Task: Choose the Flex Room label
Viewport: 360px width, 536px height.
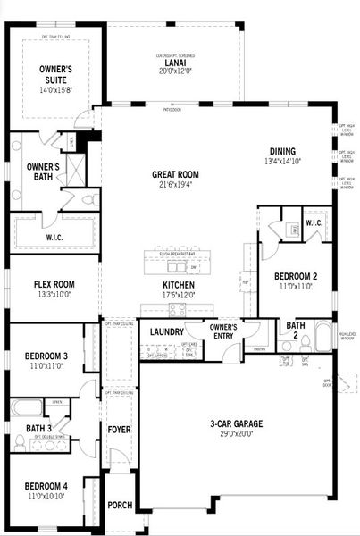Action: pos(54,285)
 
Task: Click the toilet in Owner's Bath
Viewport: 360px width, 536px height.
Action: pos(88,199)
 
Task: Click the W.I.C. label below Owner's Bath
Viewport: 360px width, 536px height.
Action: pos(54,238)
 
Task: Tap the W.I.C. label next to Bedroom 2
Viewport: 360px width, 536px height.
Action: pos(314,222)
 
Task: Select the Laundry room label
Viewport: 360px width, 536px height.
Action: pos(166,332)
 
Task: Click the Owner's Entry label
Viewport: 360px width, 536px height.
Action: pos(222,331)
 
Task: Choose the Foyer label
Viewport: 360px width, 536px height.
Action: pos(119,430)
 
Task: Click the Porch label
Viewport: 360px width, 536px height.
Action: pos(120,505)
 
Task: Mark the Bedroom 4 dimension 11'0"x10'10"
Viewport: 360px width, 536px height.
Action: pos(47,495)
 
